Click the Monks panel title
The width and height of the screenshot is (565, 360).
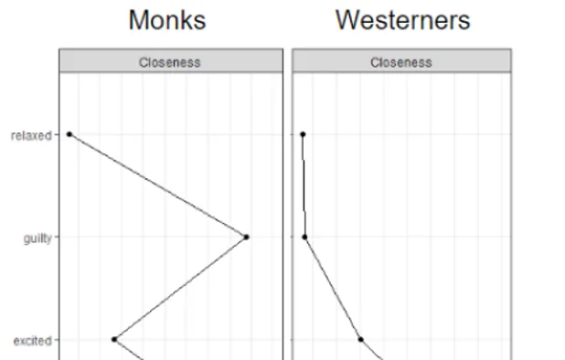click(x=167, y=20)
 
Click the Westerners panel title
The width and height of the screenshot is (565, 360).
click(x=402, y=20)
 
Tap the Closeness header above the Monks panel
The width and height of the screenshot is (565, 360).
click(x=169, y=62)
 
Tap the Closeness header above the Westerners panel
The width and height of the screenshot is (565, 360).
click(x=401, y=62)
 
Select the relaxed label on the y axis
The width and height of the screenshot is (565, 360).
click(x=31, y=135)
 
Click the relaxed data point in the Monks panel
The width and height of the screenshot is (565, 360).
click(x=69, y=135)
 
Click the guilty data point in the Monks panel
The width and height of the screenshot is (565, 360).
click(x=247, y=238)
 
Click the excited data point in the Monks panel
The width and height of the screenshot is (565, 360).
click(x=114, y=339)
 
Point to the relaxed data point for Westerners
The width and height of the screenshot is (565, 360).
click(x=303, y=135)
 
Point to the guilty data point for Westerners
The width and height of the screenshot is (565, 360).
click(x=305, y=238)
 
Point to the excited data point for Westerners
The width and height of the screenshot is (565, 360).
click(x=360, y=339)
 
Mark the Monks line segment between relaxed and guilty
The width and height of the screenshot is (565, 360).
click(x=158, y=186)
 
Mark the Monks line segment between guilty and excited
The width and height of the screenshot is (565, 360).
click(x=180, y=289)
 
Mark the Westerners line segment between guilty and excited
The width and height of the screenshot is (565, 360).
click(x=333, y=289)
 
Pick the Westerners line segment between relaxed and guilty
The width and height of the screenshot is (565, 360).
click(x=304, y=186)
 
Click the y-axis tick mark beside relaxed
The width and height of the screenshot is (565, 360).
click(x=57, y=135)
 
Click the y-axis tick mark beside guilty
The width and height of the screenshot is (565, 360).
click(x=57, y=238)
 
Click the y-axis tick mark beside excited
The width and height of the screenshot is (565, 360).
click(x=57, y=340)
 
